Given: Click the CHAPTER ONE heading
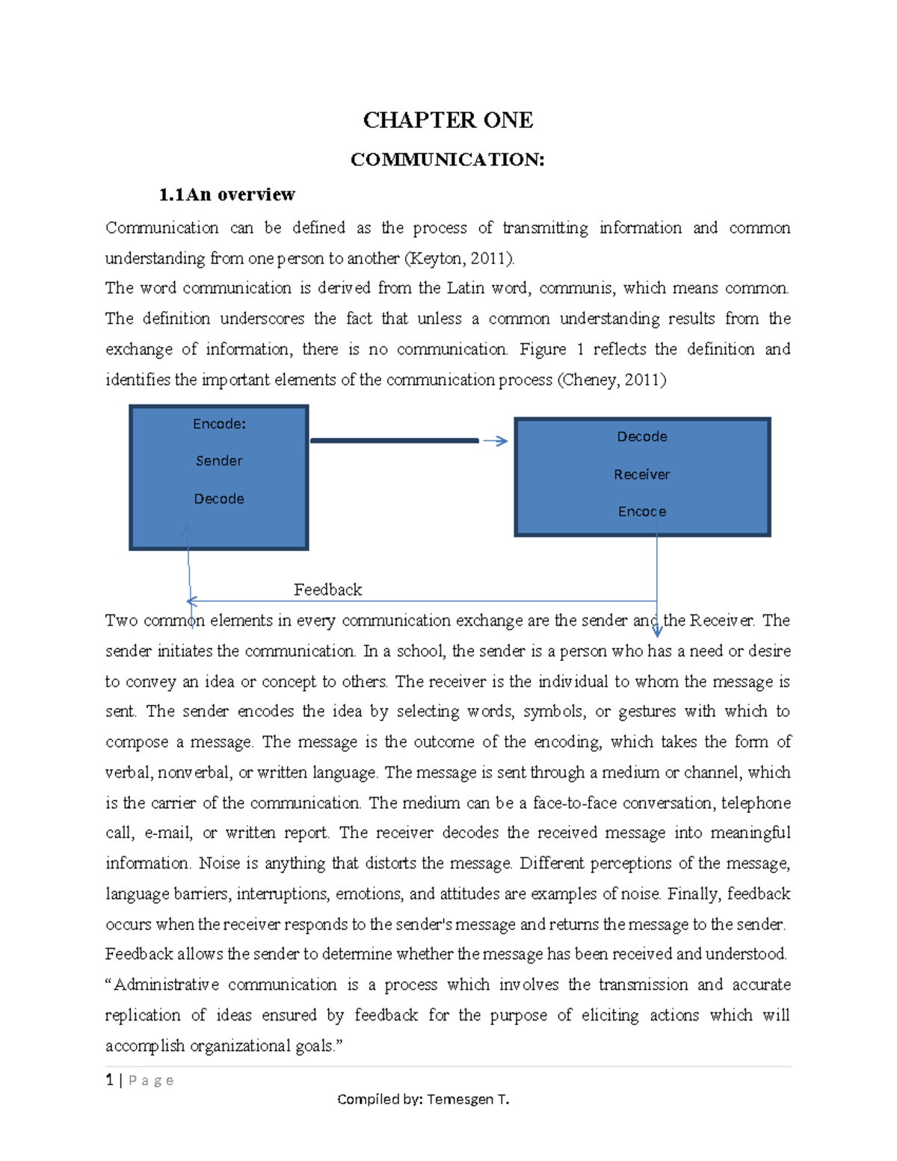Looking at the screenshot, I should pyautogui.click(x=448, y=120).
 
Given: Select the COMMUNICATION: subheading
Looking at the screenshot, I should pyautogui.click(x=447, y=159).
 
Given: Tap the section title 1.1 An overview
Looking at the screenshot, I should pyautogui.click(x=226, y=195).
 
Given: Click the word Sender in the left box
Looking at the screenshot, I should pyautogui.click(x=219, y=461).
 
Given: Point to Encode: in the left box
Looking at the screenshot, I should pyautogui.click(x=219, y=424).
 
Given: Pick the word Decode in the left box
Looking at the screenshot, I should pyautogui.click(x=219, y=499).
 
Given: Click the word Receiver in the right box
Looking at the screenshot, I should pyautogui.click(x=641, y=474).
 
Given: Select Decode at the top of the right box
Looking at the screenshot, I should pyautogui.click(x=641, y=437).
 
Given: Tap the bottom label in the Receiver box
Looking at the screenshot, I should pyautogui.click(x=641, y=511).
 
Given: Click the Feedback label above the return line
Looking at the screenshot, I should pyautogui.click(x=327, y=590).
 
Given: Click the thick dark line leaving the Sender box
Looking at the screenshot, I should pyautogui.click(x=394, y=441).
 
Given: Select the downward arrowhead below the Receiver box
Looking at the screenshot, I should pyautogui.click(x=657, y=632).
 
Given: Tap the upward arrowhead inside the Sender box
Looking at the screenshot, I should pyautogui.click(x=188, y=531).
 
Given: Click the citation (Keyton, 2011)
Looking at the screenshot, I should pyautogui.click(x=460, y=259).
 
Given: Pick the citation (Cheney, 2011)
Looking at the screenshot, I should pyautogui.click(x=611, y=380).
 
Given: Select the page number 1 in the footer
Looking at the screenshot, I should pyautogui.click(x=110, y=1080).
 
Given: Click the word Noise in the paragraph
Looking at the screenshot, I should pyautogui.click(x=218, y=863).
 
